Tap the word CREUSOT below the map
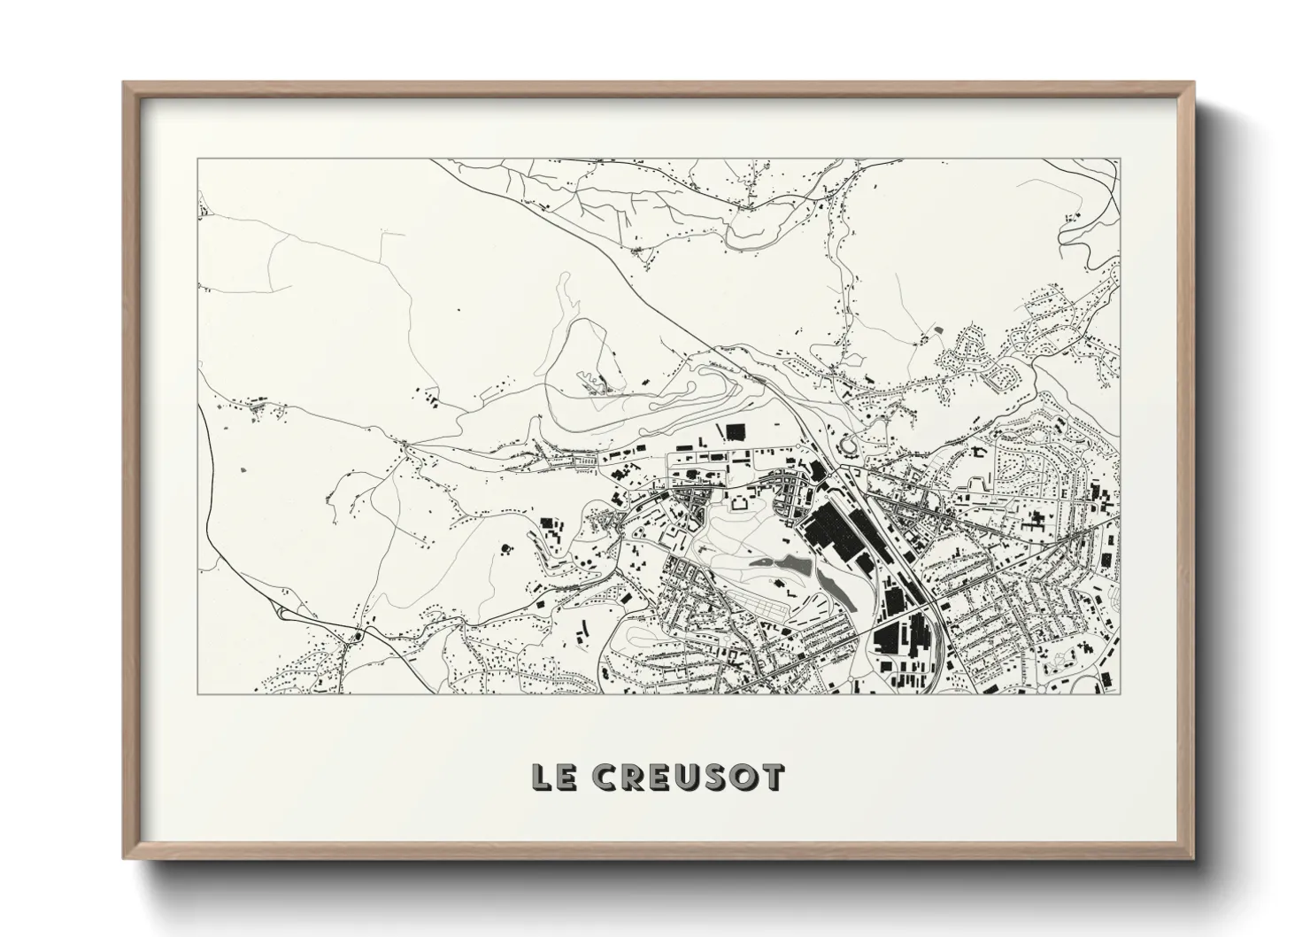(688, 777)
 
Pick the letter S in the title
(715, 777)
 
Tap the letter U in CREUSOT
(688, 777)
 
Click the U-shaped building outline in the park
(736, 503)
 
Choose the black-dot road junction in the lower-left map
(358, 636)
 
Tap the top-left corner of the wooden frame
(125, 84)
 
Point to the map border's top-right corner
(1119, 159)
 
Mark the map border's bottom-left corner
(197, 693)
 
